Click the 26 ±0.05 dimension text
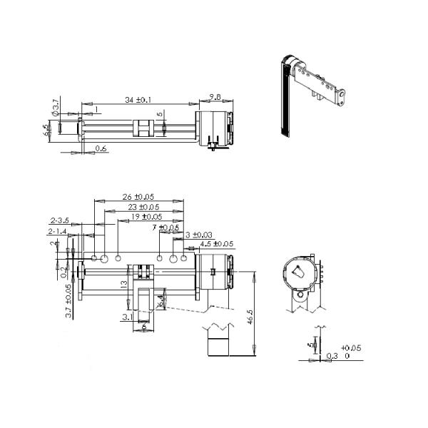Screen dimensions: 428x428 click(x=138, y=197)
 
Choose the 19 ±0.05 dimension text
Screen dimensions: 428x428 click(x=146, y=216)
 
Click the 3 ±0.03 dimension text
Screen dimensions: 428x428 click(x=198, y=235)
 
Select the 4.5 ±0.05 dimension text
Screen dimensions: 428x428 click(x=216, y=244)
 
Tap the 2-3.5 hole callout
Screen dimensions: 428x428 click(x=59, y=221)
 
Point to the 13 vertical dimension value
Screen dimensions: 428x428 click(x=123, y=283)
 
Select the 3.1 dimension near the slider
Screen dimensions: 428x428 click(x=126, y=316)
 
